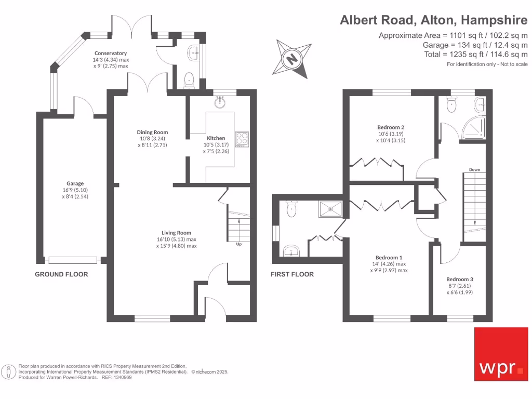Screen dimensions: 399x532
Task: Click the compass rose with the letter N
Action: [292, 57]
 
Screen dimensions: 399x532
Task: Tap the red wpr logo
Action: [501, 354]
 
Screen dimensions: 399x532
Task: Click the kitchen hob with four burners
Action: [242, 138]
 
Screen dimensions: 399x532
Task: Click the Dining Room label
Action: [152, 132]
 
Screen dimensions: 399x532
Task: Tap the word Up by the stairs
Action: [239, 244]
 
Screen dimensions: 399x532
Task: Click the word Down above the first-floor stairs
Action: [474, 170]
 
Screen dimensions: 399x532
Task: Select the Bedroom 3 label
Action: [459, 279]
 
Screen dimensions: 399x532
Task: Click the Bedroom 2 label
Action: [391, 127]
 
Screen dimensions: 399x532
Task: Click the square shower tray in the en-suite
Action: [331, 209]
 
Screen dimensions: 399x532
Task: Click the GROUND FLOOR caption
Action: [61, 274]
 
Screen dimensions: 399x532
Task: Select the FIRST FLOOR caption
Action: [292, 274]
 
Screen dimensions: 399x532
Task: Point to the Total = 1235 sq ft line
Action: [476, 54]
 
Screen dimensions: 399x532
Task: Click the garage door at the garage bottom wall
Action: [72, 260]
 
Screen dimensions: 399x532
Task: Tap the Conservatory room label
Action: [110, 53]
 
